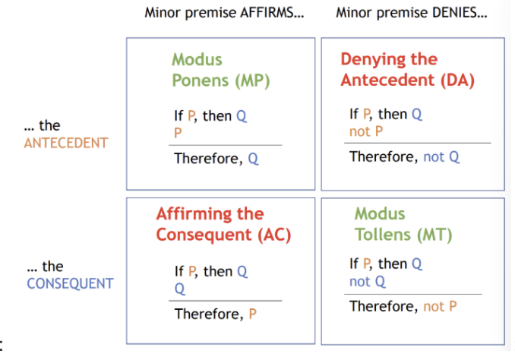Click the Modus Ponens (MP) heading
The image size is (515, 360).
220,69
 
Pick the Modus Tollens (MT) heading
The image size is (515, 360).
403,224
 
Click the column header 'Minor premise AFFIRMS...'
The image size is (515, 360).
229,13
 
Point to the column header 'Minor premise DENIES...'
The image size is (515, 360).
412,13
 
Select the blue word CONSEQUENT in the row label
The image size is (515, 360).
70,284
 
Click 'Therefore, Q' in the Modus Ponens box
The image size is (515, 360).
216,159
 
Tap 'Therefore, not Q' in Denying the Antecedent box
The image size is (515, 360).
404,156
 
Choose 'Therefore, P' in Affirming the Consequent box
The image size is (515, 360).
216,313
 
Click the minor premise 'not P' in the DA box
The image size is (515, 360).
365,131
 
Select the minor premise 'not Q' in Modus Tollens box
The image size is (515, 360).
368,281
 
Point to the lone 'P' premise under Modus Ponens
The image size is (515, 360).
178,132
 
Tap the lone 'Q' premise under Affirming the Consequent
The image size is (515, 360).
179,289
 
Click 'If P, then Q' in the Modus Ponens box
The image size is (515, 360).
210,116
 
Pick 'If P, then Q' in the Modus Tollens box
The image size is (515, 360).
386,264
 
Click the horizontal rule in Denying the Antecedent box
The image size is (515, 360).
419,143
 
